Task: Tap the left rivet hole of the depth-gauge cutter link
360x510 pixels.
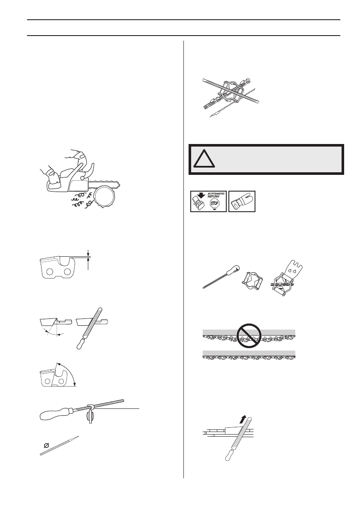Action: pyautogui.click(x=49, y=273)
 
